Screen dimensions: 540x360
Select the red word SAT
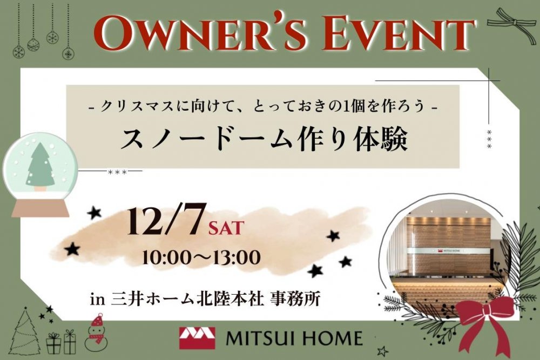tap(226, 228)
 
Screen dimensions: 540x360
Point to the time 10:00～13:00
tap(201, 257)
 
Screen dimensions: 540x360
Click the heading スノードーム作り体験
tap(264, 139)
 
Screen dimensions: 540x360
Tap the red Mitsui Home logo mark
tap(197, 338)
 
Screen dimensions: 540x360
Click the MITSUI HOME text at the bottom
tap(294, 338)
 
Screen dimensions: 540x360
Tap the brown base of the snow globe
tap(40, 208)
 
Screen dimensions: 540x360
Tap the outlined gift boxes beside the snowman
tap(61, 342)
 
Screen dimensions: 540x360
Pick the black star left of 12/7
tap(93, 213)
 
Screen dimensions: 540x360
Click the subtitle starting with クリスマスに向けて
tap(263, 107)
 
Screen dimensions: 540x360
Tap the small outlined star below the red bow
tap(382, 351)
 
